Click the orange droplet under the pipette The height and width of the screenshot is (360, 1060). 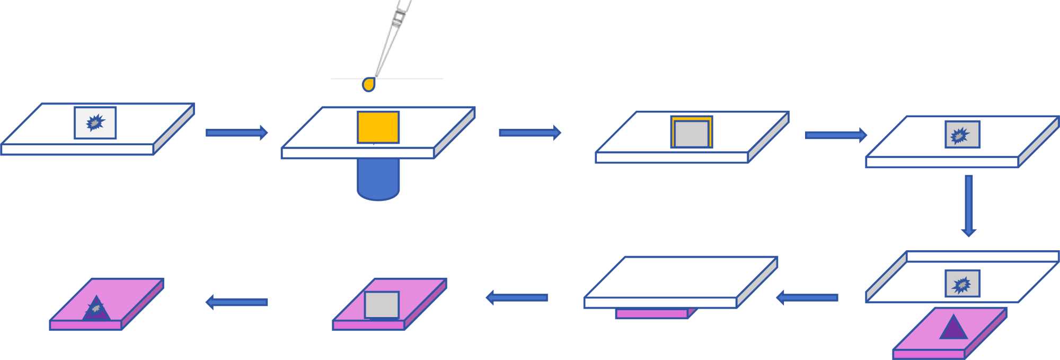(369, 84)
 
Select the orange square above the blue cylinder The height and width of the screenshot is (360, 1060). (378, 127)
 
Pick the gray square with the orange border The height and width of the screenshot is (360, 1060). (691, 133)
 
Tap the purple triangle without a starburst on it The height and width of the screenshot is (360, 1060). (953, 328)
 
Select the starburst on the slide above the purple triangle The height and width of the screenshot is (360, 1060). (961, 285)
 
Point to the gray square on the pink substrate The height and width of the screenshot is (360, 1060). (382, 305)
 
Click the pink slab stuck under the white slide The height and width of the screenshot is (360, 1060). (652, 313)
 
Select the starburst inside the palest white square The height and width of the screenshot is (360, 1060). (95, 122)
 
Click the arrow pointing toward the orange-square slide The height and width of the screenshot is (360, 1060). (236, 133)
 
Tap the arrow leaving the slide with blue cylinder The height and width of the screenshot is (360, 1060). (529, 133)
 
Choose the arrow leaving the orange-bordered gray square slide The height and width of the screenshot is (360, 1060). (835, 135)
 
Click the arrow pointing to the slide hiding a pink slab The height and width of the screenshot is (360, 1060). (807, 297)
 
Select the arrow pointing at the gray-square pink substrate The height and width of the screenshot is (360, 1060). (517, 297)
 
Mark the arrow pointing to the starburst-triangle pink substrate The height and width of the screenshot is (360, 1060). (236, 302)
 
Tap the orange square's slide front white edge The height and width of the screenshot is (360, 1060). (357, 153)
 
